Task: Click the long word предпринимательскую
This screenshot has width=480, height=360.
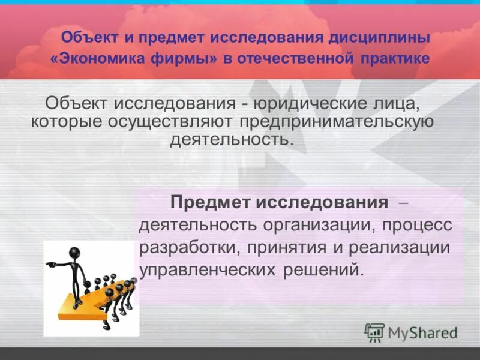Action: point(337,122)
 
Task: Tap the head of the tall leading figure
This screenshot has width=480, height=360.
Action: point(74,253)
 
